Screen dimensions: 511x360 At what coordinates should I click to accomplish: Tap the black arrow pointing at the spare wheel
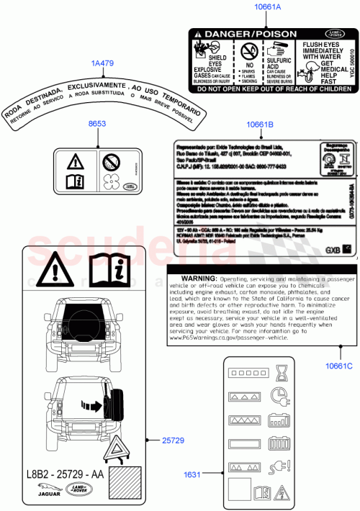pos(92,405)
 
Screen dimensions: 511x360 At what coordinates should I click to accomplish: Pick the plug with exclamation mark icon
pos(280,469)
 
